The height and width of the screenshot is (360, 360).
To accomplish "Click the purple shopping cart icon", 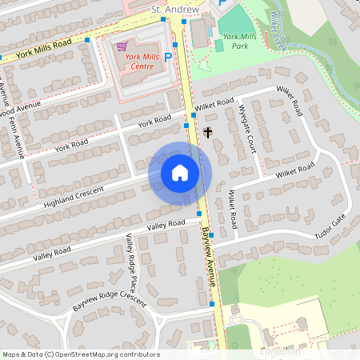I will pyautogui.click(x=122, y=47).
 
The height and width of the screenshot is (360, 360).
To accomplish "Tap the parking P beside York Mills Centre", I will pyautogui.click(x=167, y=57).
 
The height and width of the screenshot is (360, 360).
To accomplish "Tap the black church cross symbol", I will pyautogui.click(x=208, y=131).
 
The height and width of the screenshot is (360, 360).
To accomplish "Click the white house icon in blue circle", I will pyautogui.click(x=180, y=173).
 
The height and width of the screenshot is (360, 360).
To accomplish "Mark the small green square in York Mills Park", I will pyautogui.click(x=219, y=46).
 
